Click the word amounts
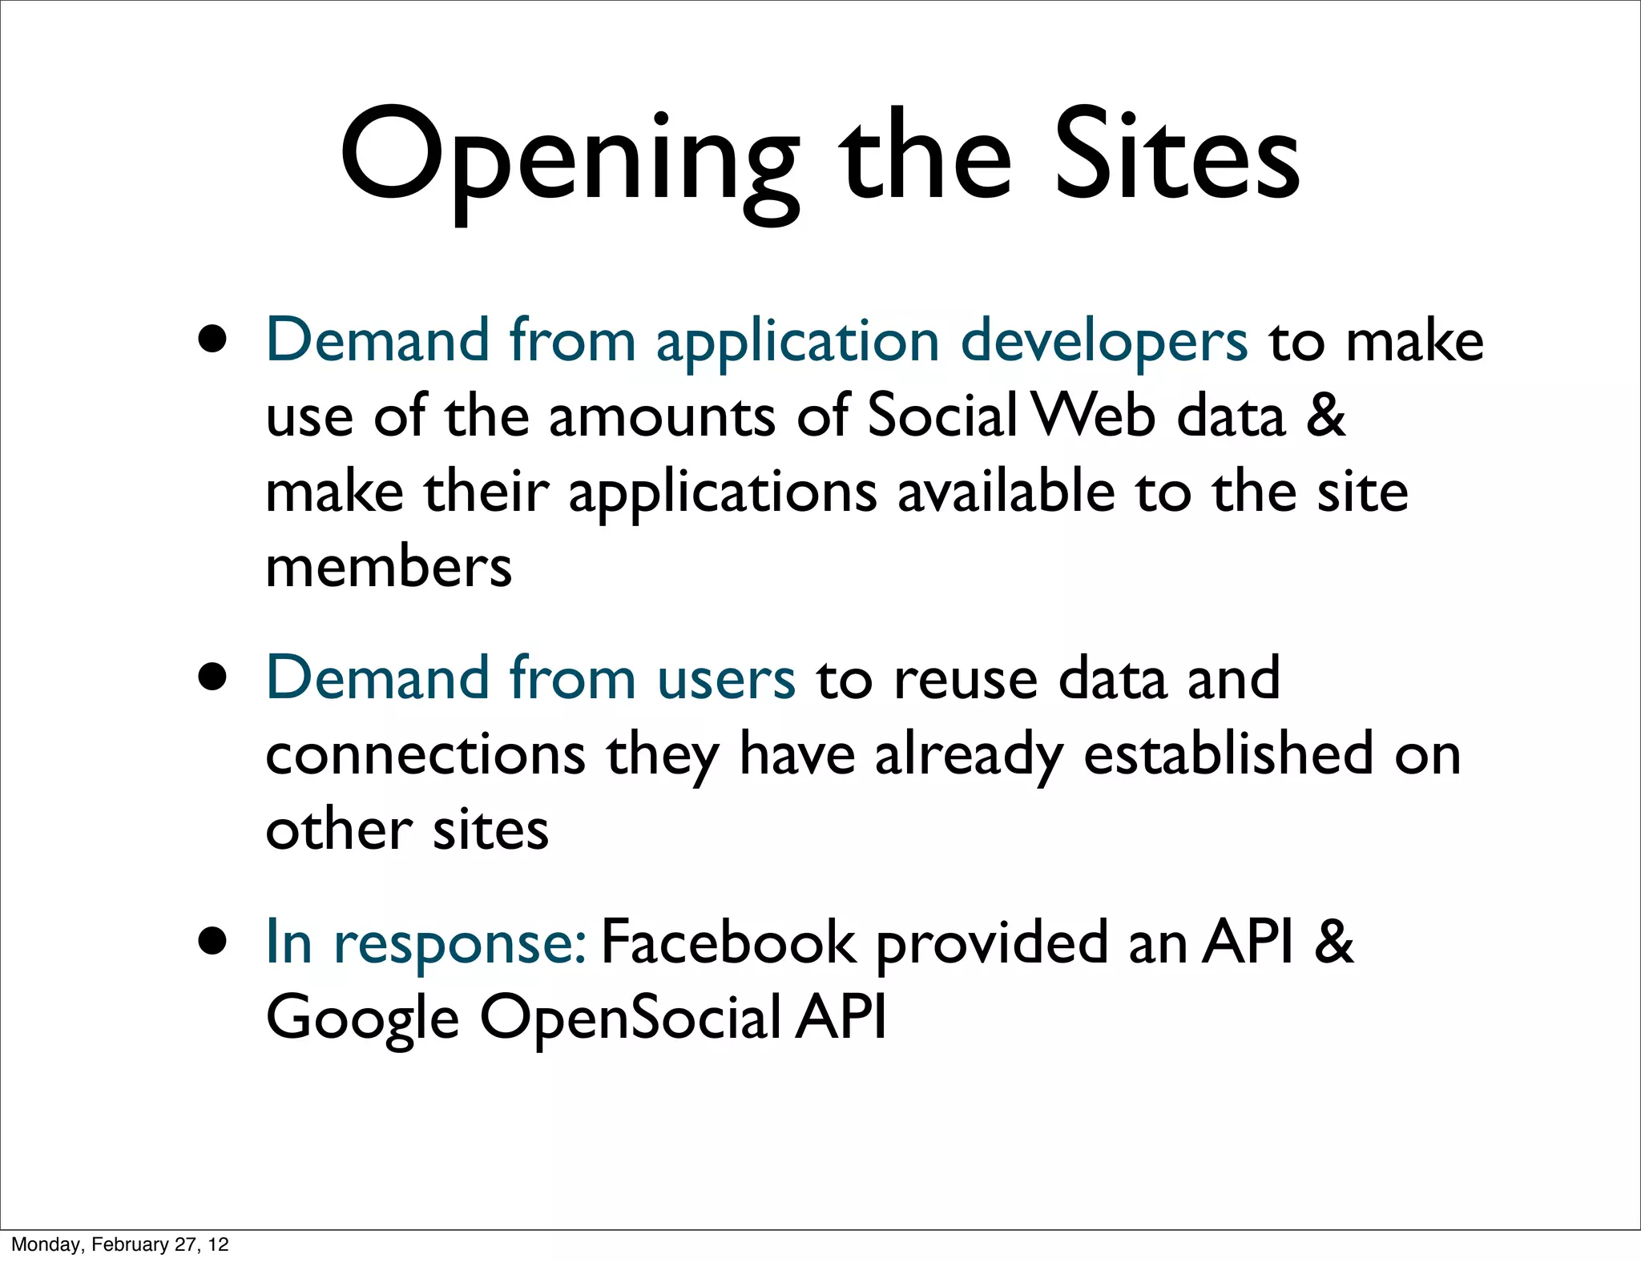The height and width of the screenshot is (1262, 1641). pyautogui.click(x=662, y=416)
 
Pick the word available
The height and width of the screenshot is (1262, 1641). pyautogui.click(x=1006, y=492)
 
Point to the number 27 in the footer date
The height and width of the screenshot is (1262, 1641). pyautogui.click(x=185, y=1244)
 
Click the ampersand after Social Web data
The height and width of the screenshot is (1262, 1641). pyautogui.click(x=1325, y=416)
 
